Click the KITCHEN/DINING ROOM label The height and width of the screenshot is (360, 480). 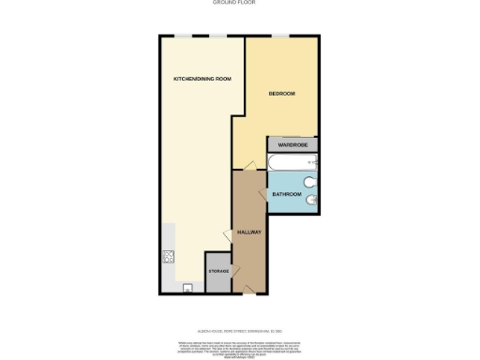[x=201, y=79]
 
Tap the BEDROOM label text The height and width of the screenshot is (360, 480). [x=282, y=94]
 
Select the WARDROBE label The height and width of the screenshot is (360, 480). [x=292, y=145]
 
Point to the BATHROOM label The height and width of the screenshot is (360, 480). [x=287, y=194]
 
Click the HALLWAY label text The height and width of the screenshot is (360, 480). [x=248, y=232]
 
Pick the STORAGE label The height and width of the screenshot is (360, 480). [x=217, y=271]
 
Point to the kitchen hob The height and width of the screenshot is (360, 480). [x=170, y=257]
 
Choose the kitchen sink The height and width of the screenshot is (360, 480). [x=187, y=287]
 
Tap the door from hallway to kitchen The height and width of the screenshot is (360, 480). [x=229, y=236]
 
